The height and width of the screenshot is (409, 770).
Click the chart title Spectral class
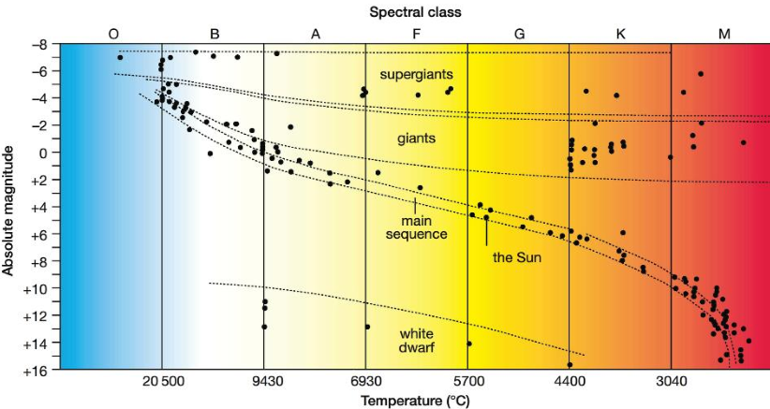(415, 12)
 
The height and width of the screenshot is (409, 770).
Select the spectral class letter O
(113, 34)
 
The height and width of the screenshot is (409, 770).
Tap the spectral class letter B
(215, 34)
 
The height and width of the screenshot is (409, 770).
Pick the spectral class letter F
(417, 34)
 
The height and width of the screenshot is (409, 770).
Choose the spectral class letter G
(519, 34)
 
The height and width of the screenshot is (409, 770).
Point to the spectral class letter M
(724, 34)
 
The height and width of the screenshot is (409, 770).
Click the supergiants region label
(416, 73)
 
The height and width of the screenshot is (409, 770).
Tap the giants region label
(417, 139)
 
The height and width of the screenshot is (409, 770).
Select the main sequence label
(416, 226)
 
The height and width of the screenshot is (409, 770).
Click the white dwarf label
(416, 340)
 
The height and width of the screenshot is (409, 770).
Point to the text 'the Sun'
(514, 255)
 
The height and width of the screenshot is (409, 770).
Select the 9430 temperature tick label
(264, 383)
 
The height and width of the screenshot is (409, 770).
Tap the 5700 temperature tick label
(467, 383)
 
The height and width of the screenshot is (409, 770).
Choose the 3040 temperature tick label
(671, 383)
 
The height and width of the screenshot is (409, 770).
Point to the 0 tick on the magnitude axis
(41, 153)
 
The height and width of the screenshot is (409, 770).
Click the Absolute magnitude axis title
(8, 207)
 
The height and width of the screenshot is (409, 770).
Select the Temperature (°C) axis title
(415, 401)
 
